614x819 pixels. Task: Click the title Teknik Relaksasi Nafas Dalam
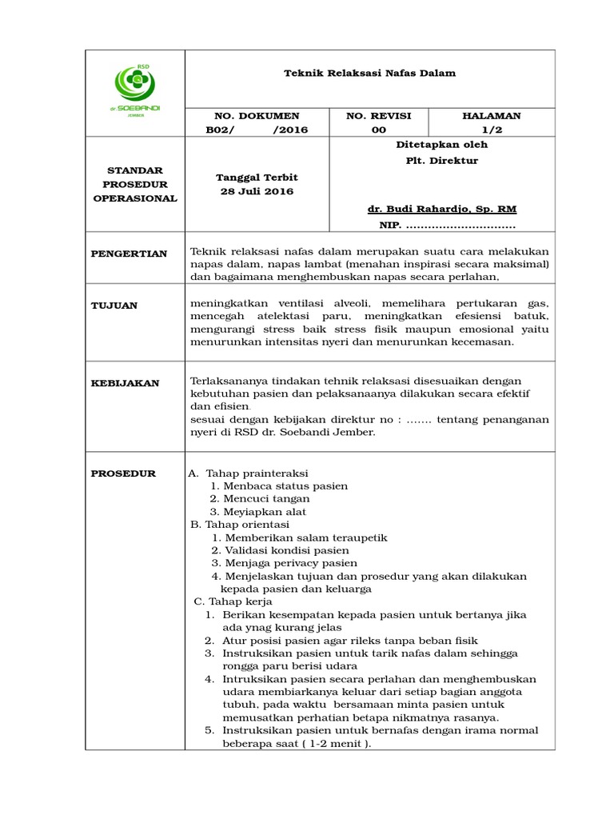point(370,73)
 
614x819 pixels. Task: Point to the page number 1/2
point(491,130)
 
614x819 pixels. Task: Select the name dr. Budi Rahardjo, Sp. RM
point(441,209)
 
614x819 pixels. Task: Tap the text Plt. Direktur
point(441,160)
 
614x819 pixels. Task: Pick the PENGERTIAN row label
point(129,254)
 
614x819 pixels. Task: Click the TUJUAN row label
point(115,306)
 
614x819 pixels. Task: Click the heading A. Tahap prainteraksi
point(248,473)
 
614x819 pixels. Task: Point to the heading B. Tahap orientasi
point(239,525)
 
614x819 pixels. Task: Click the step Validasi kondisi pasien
point(286,550)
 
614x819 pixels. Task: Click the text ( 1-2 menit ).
point(335,743)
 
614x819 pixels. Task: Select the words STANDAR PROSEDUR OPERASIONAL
point(135,184)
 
